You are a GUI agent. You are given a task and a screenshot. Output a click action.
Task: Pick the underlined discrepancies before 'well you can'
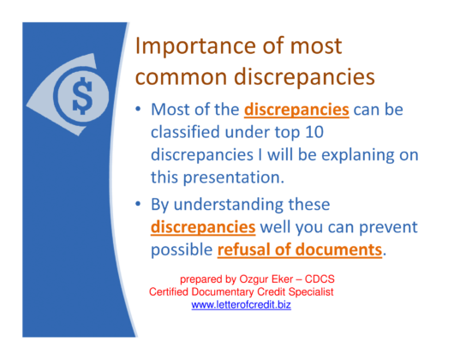click(x=203, y=229)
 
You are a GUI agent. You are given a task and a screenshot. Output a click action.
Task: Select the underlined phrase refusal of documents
click(x=299, y=252)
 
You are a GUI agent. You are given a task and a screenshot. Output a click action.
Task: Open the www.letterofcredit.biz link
click(x=241, y=306)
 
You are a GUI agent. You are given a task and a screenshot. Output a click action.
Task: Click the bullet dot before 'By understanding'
click(x=139, y=207)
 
